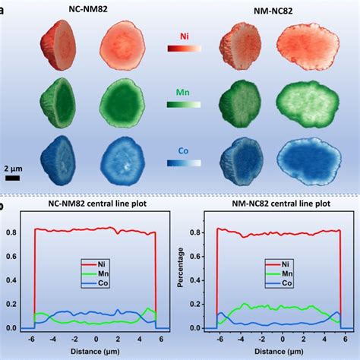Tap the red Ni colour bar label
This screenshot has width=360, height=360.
(x=184, y=36)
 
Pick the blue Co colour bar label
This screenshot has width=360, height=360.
(x=184, y=151)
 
